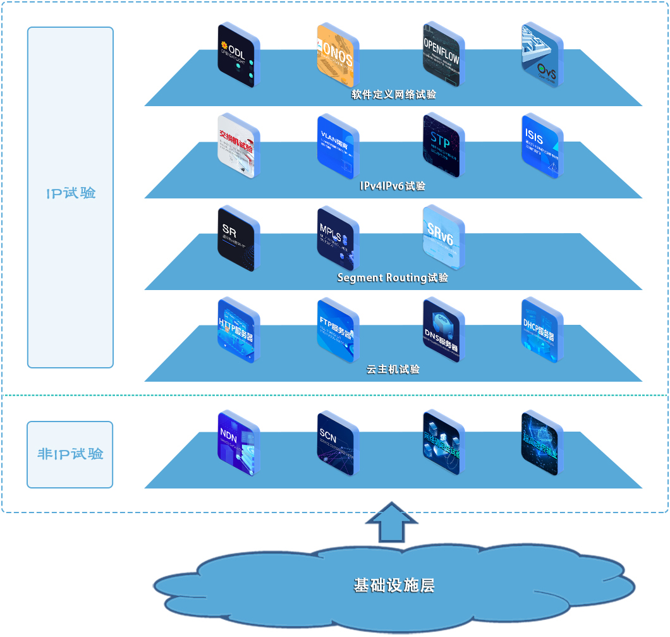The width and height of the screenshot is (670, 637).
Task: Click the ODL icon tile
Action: click(x=238, y=56)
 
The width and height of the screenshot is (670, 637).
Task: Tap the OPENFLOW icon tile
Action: click(x=442, y=56)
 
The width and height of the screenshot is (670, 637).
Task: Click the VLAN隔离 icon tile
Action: click(x=338, y=147)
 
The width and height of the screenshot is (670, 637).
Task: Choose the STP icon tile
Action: click(x=442, y=147)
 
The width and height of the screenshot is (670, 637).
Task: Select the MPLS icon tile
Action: click(x=338, y=239)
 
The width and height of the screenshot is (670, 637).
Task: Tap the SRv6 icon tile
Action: click(x=442, y=239)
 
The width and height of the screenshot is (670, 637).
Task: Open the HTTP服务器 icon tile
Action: click(x=238, y=331)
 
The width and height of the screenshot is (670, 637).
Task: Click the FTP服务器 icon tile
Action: click(x=338, y=331)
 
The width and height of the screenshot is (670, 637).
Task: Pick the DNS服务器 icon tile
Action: click(x=442, y=331)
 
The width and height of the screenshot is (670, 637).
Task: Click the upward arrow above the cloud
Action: click(x=392, y=522)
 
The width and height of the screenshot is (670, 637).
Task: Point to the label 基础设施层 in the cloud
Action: click(x=394, y=585)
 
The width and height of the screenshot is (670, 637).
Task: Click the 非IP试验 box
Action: click(x=70, y=454)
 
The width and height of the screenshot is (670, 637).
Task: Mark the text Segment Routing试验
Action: click(x=393, y=277)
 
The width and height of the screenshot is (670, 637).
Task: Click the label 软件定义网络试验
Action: click(x=394, y=95)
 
